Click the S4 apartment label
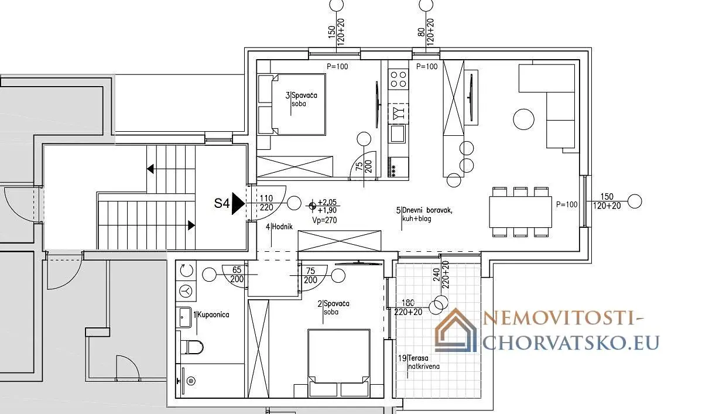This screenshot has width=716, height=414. (x=221, y=203)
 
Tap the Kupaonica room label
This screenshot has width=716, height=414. (x=213, y=314)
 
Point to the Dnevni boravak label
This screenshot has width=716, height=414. (x=427, y=210)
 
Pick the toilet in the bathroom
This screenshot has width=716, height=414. (x=192, y=347)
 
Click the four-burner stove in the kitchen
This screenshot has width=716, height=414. (x=398, y=79)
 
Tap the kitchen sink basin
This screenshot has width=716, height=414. (x=398, y=134)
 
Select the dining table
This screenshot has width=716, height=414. (x=520, y=212)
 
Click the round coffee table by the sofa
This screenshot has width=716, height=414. (x=523, y=119)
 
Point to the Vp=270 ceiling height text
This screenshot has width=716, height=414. (x=324, y=220)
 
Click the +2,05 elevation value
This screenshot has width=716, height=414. (x=327, y=202)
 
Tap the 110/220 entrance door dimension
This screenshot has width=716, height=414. (x=266, y=203)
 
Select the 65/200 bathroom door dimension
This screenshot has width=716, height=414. (x=237, y=275)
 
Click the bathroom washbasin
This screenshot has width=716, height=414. (x=185, y=317)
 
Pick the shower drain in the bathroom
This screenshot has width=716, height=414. (x=191, y=381)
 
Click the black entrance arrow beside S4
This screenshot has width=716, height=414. (x=238, y=203)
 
